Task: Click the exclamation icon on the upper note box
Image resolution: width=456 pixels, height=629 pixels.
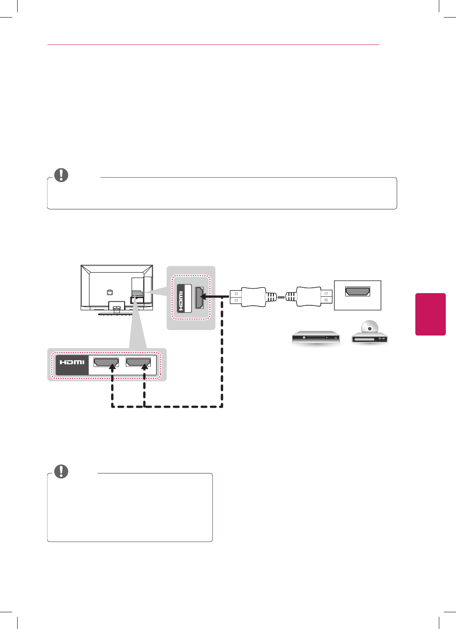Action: click(x=61, y=175)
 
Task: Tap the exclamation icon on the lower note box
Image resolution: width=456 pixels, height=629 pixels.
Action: click(x=61, y=471)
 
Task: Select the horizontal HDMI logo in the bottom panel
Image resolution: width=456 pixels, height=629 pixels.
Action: click(x=72, y=362)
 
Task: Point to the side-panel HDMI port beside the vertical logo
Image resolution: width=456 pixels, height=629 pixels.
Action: click(x=199, y=298)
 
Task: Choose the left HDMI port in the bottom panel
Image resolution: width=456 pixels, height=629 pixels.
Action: click(x=106, y=362)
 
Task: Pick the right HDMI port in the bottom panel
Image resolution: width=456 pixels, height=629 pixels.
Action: click(x=138, y=362)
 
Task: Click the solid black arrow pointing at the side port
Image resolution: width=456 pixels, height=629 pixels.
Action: click(x=215, y=296)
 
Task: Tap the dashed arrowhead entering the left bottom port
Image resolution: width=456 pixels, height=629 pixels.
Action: click(x=112, y=368)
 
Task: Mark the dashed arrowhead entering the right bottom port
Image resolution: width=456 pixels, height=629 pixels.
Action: click(x=144, y=368)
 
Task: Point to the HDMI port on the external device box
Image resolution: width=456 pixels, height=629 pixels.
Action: click(x=358, y=291)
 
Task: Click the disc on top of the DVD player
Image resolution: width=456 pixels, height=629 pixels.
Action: click(x=369, y=328)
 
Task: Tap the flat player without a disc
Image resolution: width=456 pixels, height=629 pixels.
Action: click(x=316, y=337)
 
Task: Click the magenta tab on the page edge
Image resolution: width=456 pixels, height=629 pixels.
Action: click(x=430, y=314)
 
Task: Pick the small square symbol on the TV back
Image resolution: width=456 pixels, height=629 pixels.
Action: click(x=109, y=292)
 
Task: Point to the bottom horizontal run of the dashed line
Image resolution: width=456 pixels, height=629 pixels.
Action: click(x=168, y=407)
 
